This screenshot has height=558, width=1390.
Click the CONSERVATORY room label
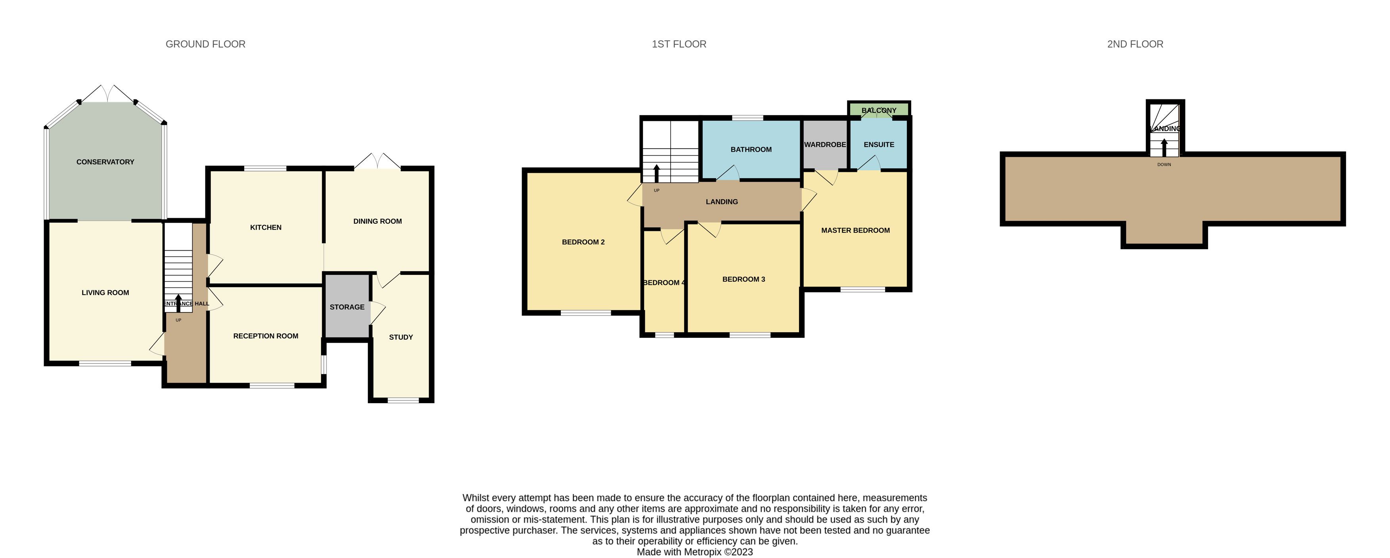[105, 162]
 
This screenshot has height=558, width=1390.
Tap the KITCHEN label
[266, 227]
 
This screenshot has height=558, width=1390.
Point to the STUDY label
[401, 337]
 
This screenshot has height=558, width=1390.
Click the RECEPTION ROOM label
[266, 336]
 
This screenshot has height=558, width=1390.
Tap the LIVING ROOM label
[105, 293]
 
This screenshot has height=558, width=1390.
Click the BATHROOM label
[751, 150]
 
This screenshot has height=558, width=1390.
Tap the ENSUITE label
[879, 145]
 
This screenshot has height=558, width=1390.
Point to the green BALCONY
[879, 109]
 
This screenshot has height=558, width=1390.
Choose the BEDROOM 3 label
[744, 279]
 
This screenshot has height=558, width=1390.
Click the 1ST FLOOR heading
[679, 44]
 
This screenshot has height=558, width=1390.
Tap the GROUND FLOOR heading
[206, 44]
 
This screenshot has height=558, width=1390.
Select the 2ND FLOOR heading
[1135, 44]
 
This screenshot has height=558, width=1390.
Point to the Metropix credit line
[695, 552]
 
